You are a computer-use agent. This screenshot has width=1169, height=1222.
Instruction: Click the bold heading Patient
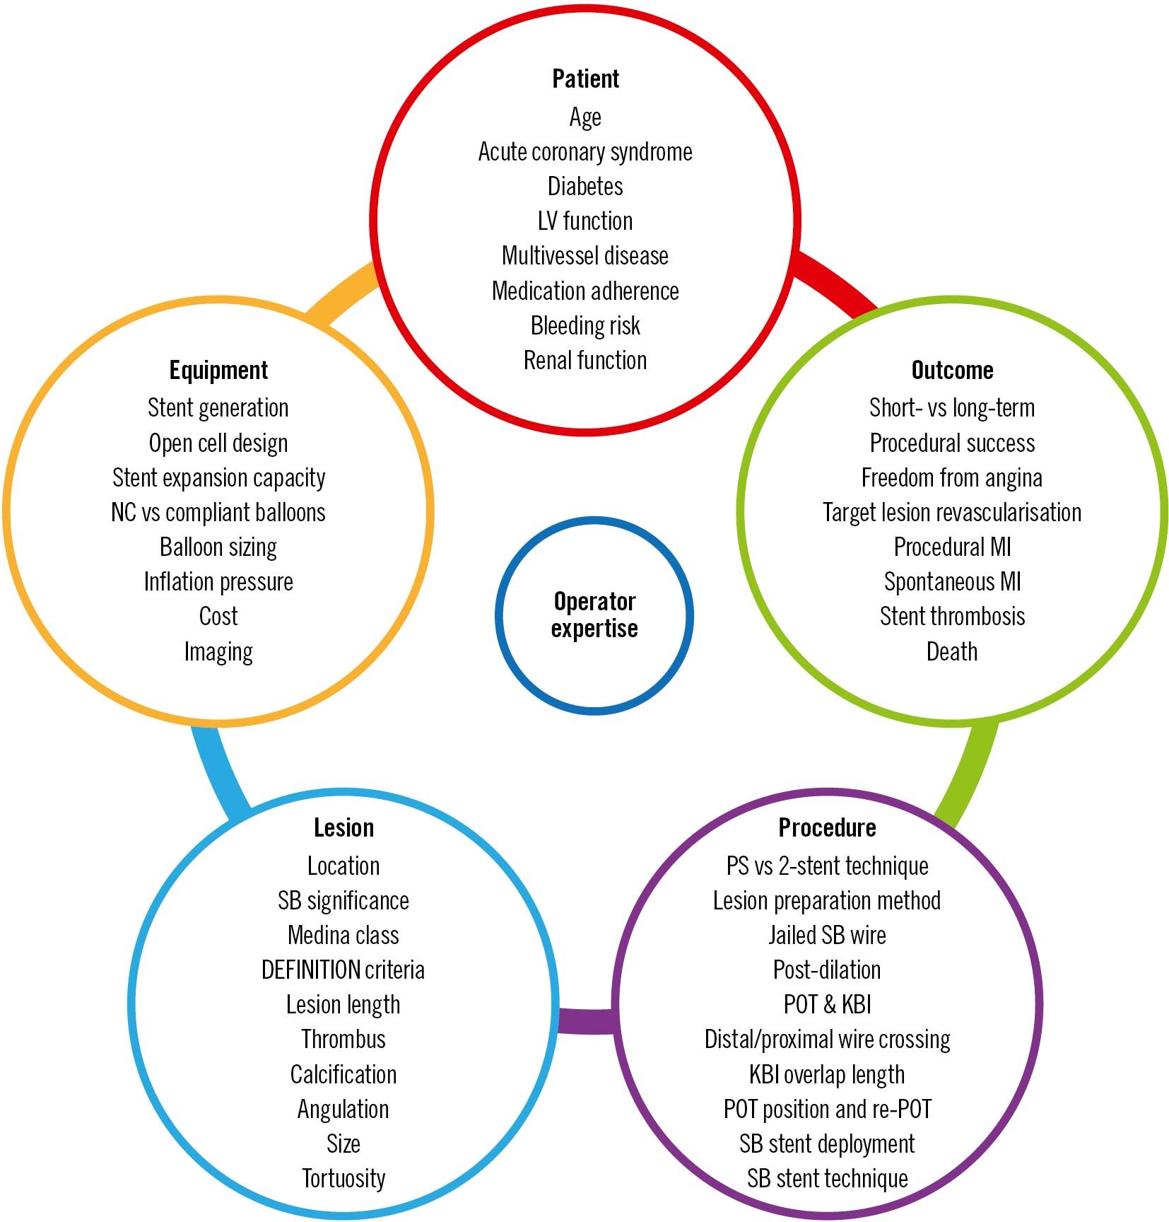click(x=585, y=79)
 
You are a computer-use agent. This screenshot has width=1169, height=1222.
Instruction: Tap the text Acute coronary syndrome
click(x=585, y=152)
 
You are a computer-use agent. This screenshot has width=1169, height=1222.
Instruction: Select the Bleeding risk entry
click(x=585, y=326)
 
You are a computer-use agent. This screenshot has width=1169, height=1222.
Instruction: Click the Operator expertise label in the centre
click(x=594, y=615)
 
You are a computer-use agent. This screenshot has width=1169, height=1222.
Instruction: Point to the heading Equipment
click(x=218, y=371)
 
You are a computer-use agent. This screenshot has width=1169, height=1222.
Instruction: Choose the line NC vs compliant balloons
click(x=218, y=513)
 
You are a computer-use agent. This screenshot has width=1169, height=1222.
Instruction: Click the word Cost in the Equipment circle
click(x=218, y=617)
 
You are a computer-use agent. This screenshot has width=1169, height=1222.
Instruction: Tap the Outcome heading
click(x=952, y=371)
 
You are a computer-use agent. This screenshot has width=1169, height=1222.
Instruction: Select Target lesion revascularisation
click(x=952, y=513)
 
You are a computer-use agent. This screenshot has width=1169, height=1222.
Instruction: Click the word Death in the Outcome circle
click(x=952, y=651)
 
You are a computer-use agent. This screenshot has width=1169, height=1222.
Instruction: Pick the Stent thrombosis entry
click(x=952, y=617)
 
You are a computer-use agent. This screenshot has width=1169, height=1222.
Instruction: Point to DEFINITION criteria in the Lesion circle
click(x=343, y=970)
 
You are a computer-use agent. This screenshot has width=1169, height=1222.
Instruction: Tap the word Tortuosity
click(x=343, y=1179)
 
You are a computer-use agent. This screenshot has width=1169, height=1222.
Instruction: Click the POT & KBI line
click(x=827, y=1005)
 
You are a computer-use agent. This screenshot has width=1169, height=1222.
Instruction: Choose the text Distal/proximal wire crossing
click(x=827, y=1040)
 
